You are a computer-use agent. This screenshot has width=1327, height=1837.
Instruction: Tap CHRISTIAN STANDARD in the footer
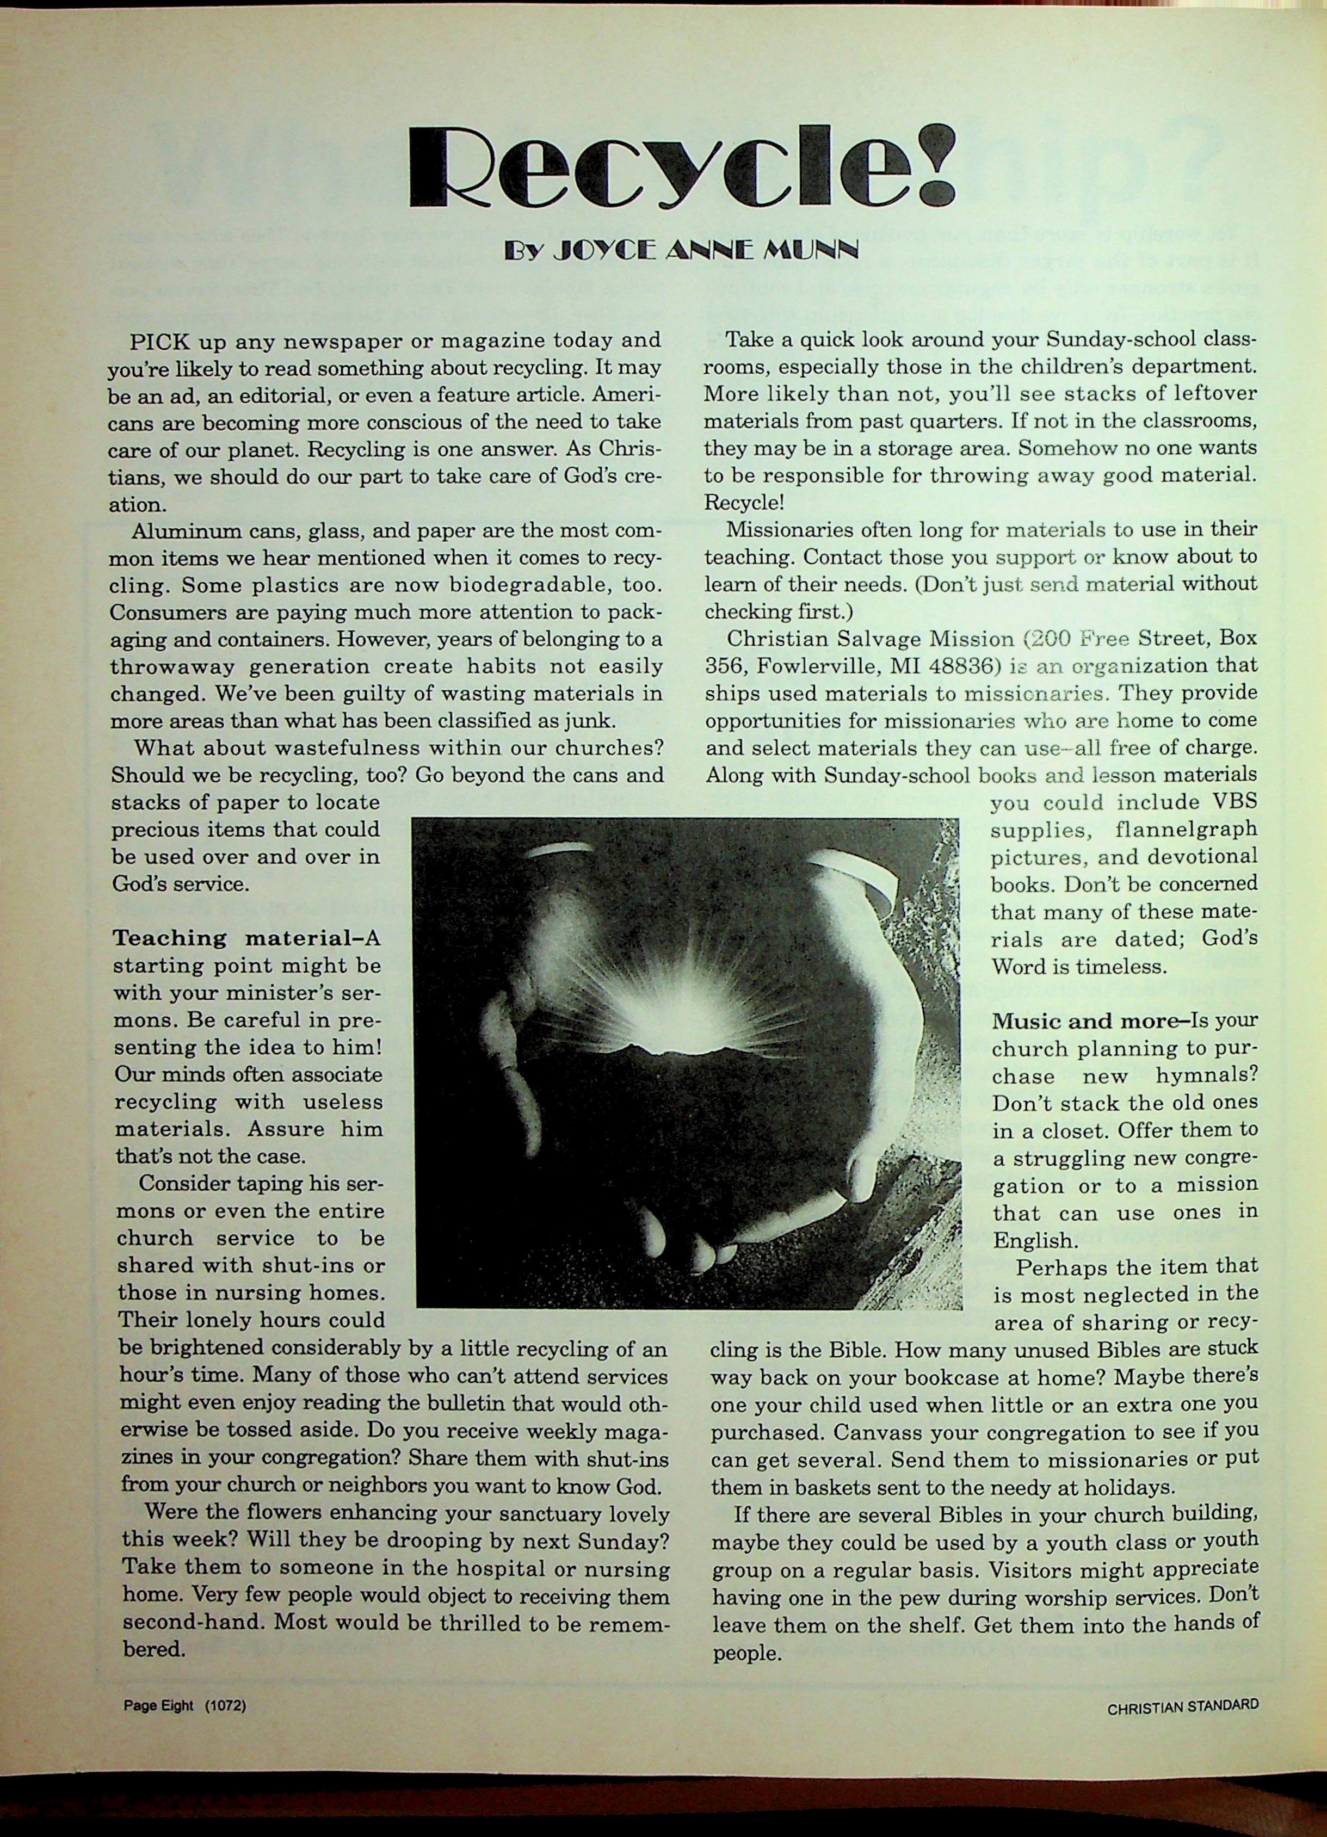(1183, 1708)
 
